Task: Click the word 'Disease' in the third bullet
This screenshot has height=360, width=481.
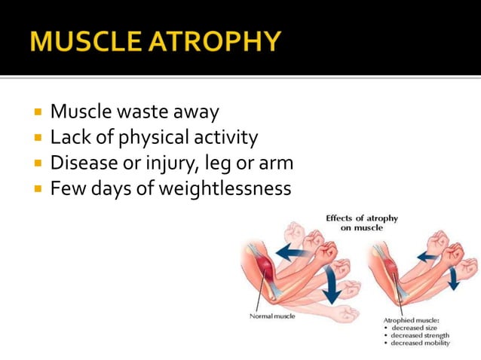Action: [81, 163]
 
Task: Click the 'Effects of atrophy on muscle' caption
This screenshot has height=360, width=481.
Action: [362, 223]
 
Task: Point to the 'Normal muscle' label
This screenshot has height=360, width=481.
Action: [272, 316]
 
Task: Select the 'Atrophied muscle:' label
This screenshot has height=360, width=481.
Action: [412, 320]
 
